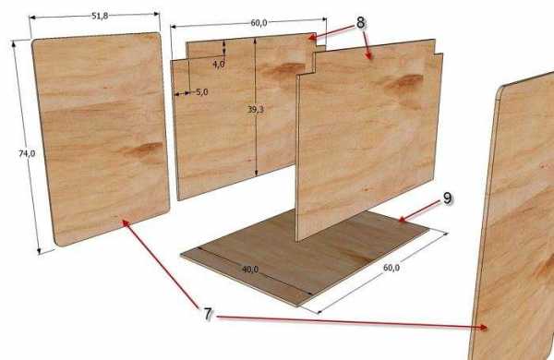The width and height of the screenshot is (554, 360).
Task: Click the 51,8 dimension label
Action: click(x=100, y=16)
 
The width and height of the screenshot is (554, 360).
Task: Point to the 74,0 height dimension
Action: click(x=27, y=153)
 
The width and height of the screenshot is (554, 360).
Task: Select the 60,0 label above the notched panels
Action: click(x=259, y=22)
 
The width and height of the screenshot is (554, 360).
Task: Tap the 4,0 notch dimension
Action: click(x=219, y=65)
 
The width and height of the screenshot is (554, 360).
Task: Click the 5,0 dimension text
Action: click(x=201, y=92)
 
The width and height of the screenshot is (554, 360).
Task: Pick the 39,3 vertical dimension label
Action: click(x=256, y=110)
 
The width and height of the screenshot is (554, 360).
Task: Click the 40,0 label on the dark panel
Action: click(x=250, y=270)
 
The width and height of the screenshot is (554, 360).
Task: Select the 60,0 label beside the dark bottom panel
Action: click(x=391, y=268)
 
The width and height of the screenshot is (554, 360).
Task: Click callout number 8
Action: click(x=360, y=23)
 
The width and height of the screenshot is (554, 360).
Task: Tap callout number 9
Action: click(x=447, y=198)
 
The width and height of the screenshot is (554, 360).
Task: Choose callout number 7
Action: click(x=208, y=314)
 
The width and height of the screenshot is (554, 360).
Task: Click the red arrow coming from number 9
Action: click(x=420, y=211)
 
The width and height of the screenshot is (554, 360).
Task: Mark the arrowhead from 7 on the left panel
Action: click(x=125, y=223)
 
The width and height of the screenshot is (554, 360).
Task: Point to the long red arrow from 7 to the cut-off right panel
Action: click(x=352, y=322)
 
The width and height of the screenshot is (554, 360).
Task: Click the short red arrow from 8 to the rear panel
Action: click(x=331, y=31)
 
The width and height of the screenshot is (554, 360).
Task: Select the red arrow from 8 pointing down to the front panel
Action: click(x=367, y=45)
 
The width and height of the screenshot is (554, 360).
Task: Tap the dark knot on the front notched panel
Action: click(x=404, y=83)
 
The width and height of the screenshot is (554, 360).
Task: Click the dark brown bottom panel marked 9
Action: click(x=305, y=257)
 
